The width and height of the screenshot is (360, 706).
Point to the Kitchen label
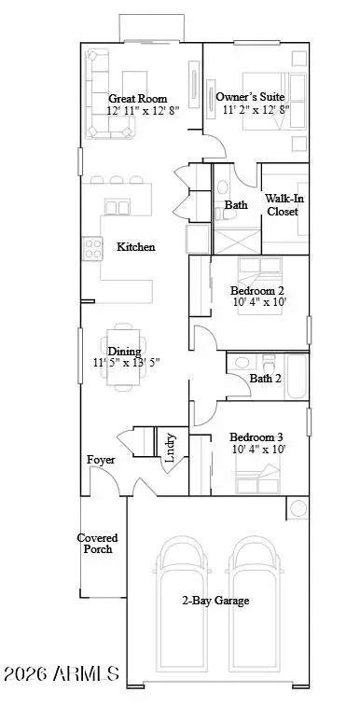[x=135, y=247]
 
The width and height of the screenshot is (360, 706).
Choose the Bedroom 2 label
[x=257, y=290]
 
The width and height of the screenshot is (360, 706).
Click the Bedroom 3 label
[x=257, y=436]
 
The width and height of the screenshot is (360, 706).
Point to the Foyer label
[x=101, y=460]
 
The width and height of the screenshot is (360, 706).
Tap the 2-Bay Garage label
[x=215, y=601]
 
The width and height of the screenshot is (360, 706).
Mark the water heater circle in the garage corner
[x=298, y=508]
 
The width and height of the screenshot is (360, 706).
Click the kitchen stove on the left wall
[x=92, y=247]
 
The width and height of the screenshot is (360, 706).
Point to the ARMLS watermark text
[x=61, y=673]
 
